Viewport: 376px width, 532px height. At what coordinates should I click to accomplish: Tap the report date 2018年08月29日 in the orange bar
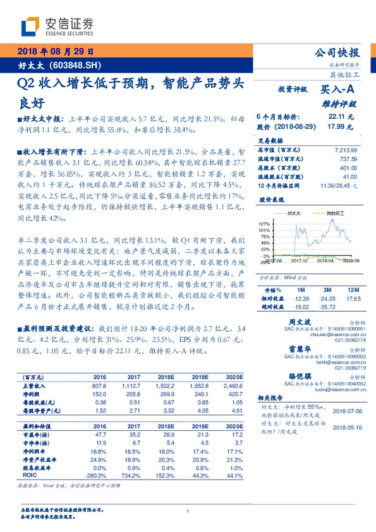tap(55, 51)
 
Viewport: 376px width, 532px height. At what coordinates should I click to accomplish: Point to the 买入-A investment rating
tap(337, 90)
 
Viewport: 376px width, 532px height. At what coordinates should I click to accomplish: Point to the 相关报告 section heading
tap(272, 399)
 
